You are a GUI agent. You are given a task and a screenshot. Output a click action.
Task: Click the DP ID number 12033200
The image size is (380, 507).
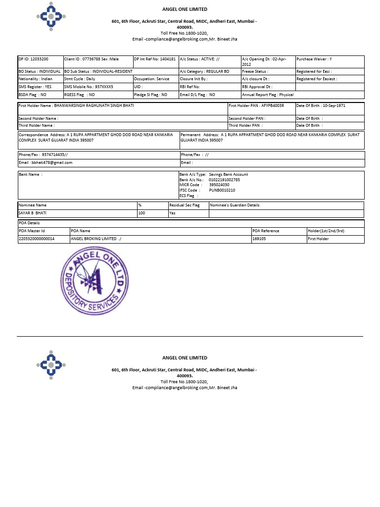[x=40, y=59]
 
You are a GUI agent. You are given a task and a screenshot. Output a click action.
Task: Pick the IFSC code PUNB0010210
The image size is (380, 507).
[x=222, y=190]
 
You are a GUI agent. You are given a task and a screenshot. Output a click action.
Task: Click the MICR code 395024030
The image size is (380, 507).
[x=219, y=185]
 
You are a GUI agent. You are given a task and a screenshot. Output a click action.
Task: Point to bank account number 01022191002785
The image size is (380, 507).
[x=225, y=180]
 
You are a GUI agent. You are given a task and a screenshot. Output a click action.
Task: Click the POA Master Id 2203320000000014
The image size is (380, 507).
[x=37, y=239]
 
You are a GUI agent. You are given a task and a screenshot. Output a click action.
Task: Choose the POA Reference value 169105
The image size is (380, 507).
[x=259, y=239]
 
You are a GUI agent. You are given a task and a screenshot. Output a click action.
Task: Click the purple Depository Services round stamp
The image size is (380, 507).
[x=95, y=283]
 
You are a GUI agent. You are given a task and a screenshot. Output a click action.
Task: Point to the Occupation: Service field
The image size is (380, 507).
[x=151, y=79]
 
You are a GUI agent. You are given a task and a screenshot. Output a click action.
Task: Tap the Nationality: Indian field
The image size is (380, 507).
[x=35, y=79]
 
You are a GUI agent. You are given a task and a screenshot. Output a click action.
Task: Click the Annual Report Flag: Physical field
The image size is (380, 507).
[x=268, y=95]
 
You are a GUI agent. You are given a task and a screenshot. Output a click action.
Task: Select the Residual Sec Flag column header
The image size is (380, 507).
[x=185, y=205]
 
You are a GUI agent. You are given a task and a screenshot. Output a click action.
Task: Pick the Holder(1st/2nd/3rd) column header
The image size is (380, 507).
[x=326, y=231]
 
